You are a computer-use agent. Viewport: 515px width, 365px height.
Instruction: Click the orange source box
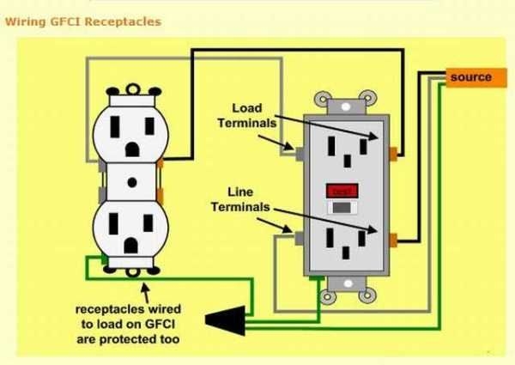470,77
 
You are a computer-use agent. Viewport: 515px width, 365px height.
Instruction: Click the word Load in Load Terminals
246,108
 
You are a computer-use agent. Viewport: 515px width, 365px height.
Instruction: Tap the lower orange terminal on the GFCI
393,238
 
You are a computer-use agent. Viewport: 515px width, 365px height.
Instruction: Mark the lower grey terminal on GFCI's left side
297,237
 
